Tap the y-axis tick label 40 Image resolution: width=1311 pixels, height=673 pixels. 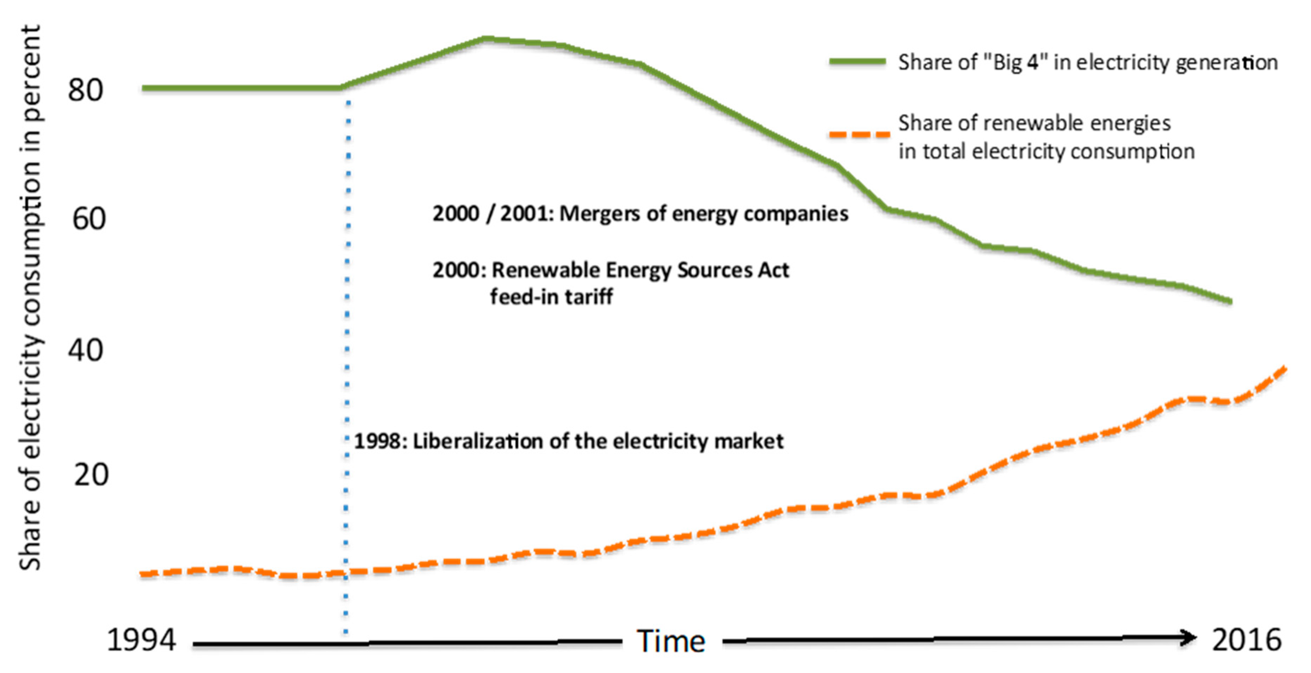pyautogui.click(x=86, y=350)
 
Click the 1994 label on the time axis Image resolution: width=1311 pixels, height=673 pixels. pyautogui.click(x=141, y=640)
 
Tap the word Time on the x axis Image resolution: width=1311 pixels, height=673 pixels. pyautogui.click(x=671, y=641)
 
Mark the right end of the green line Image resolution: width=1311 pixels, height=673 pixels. pyautogui.click(x=1230, y=301)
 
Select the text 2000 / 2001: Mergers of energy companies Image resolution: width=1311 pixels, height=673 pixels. pyautogui.click(x=640, y=214)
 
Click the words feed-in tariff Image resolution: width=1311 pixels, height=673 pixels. pyautogui.click(x=551, y=297)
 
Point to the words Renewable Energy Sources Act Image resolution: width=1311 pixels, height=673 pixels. pyautogui.click(x=640, y=270)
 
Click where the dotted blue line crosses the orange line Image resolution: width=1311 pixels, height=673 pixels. pyautogui.click(x=346, y=573)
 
